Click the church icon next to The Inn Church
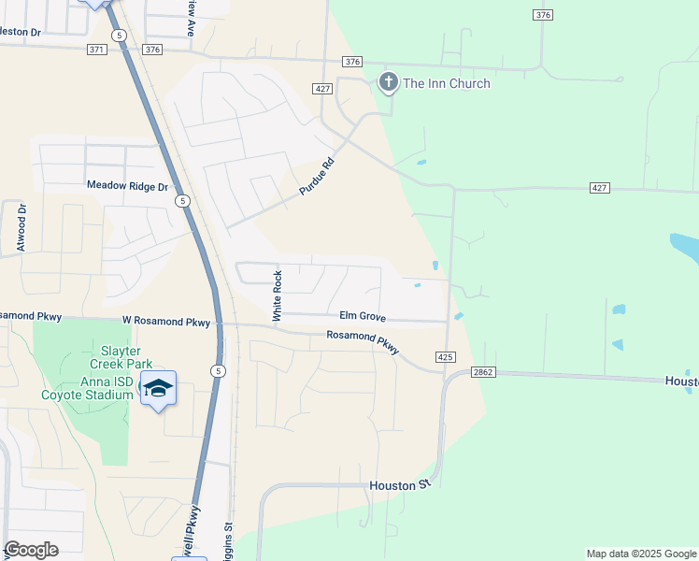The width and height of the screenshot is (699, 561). click(388, 83)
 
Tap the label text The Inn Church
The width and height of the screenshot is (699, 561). click(446, 84)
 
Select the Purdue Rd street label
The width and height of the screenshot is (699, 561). click(316, 176)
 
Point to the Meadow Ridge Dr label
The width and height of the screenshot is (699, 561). click(127, 186)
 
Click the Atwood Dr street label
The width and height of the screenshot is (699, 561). click(21, 227)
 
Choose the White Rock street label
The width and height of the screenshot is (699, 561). click(277, 296)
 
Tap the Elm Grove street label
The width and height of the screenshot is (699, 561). click(363, 318)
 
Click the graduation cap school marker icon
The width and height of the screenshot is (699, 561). click(158, 388)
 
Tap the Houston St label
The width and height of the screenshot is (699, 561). click(398, 485)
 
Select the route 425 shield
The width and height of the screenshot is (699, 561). click(445, 357)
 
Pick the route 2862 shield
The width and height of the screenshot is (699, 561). click(483, 372)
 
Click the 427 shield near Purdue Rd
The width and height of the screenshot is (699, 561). click(323, 89)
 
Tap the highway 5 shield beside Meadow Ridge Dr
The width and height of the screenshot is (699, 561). click(183, 200)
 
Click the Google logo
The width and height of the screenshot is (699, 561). click(32, 550)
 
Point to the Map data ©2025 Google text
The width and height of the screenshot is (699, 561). click(641, 554)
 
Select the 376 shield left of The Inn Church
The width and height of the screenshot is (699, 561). click(351, 62)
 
